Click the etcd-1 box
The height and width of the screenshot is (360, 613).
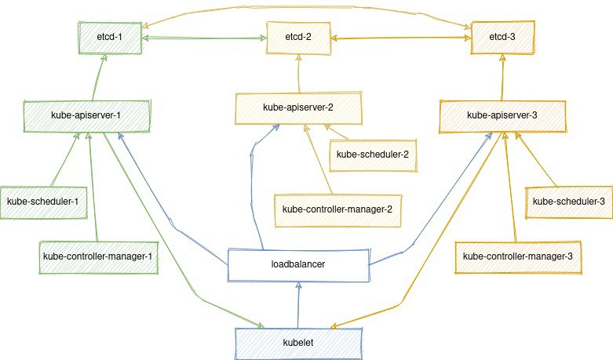(110, 38)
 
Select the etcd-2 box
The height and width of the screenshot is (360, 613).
(297, 38)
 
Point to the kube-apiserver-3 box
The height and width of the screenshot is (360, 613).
(502, 115)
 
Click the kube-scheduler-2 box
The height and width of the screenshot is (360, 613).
(372, 154)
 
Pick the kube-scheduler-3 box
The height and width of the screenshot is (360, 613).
(568, 202)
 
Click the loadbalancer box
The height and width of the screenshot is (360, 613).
(297, 265)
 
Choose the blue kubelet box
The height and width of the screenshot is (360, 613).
(297, 344)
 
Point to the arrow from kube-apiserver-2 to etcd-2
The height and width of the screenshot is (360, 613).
(298, 75)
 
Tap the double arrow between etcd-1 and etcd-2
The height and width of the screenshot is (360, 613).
(204, 37)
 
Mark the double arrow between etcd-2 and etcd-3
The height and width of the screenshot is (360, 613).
(400, 37)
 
